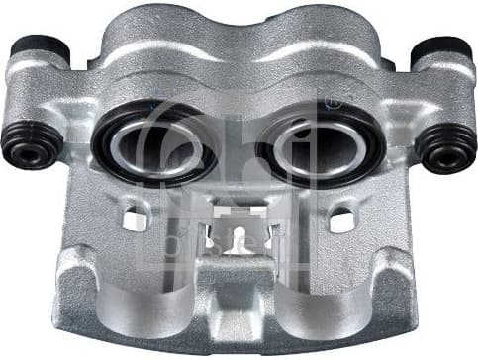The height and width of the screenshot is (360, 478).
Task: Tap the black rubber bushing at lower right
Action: tap(444, 148)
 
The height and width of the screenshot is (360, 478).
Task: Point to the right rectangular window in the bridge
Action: tap(341, 220)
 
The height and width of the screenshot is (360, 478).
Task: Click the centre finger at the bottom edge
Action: tap(237, 316)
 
